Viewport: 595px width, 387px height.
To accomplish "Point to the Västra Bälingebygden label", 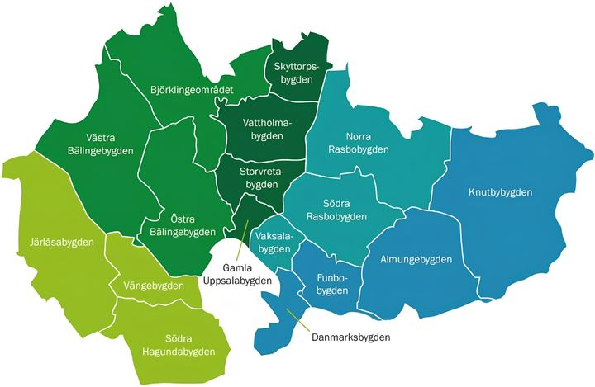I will click(x=99, y=143).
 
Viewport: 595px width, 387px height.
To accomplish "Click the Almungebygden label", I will click(x=416, y=259).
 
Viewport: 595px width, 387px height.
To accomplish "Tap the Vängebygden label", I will click(x=154, y=286).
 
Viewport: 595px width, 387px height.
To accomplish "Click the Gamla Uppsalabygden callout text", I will click(x=237, y=273).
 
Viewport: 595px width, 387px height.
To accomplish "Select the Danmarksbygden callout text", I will click(x=350, y=337).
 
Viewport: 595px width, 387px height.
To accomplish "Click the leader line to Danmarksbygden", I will click(x=297, y=321).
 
